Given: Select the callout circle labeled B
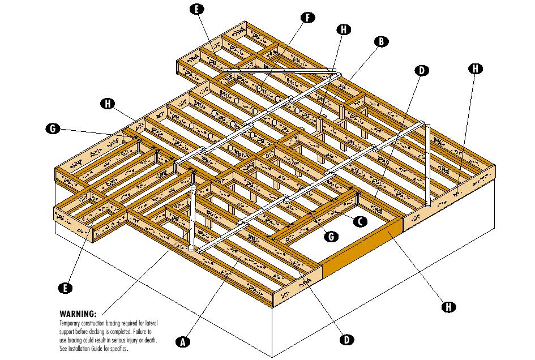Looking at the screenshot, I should tap(381, 41).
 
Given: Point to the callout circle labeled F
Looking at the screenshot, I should tap(307, 17).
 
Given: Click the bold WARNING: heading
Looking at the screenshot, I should tap(78, 314).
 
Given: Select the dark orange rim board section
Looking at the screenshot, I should tap(362, 247).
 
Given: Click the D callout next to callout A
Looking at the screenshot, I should tap(346, 340).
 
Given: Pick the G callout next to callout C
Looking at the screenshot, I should tap(331, 236).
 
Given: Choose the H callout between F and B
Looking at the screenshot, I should tap(343, 29).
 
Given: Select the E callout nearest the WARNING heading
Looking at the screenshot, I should tap(65, 288).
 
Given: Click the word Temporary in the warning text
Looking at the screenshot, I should tap(71, 322).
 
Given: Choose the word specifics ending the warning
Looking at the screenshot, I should tap(117, 349).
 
